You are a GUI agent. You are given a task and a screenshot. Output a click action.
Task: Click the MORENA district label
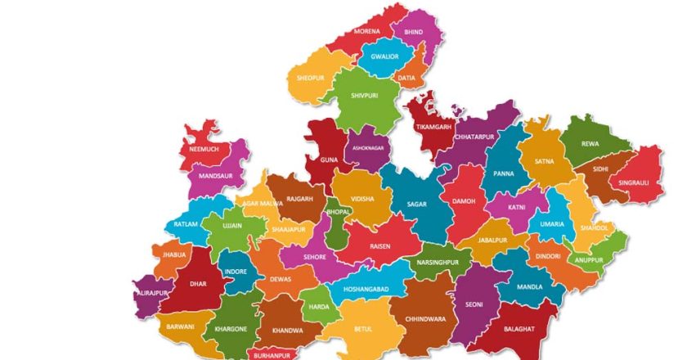point(366,31)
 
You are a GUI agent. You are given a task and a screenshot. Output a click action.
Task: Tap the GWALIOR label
point(384,56)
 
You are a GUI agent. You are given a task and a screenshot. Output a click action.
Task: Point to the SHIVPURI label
point(364,95)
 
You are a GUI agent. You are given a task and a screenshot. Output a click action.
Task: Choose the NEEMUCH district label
point(204,150)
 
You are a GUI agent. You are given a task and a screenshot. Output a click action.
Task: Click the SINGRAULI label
point(634,182)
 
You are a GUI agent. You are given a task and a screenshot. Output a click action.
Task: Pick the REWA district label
point(590,143)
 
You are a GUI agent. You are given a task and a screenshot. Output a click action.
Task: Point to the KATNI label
point(516,207)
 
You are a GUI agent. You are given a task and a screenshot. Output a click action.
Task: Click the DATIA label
point(406,78)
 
